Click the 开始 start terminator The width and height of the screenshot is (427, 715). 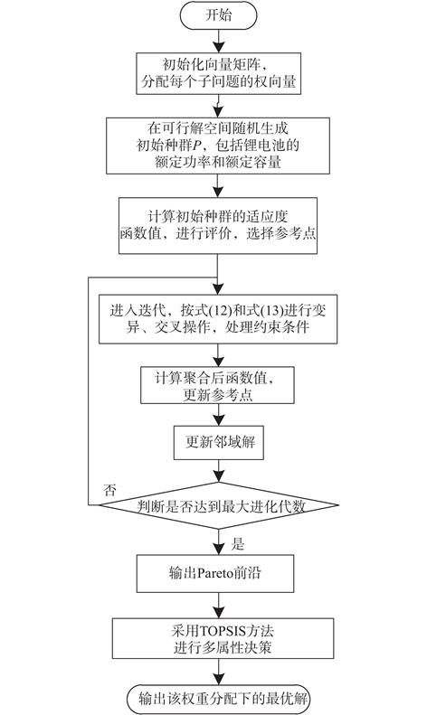pyautogui.click(x=219, y=15)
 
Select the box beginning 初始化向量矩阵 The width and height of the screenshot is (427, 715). pyautogui.click(x=219, y=73)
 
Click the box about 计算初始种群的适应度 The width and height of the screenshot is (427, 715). pyautogui.click(x=218, y=225)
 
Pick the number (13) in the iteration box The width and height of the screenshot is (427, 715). pyautogui.click(x=272, y=311)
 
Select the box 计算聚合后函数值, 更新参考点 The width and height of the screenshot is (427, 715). pyautogui.click(x=217, y=385)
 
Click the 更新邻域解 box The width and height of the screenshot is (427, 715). pyautogui.click(x=219, y=442)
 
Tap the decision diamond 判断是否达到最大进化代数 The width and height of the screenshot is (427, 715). pyautogui.click(x=219, y=505)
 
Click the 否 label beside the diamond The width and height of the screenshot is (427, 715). pyautogui.click(x=109, y=491)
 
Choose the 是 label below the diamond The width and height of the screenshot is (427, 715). pyautogui.click(x=238, y=543)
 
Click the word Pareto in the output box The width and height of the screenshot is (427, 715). pyautogui.click(x=215, y=573)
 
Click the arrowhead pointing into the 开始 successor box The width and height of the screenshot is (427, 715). pyautogui.click(x=219, y=47)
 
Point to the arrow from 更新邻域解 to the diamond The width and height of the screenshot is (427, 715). pyautogui.click(x=219, y=471)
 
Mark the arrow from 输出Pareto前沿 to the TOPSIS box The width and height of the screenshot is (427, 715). pyautogui.click(x=219, y=606)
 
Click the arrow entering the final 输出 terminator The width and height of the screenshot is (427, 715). pyautogui.click(x=219, y=672)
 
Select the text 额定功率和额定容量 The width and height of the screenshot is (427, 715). pyautogui.click(x=218, y=162)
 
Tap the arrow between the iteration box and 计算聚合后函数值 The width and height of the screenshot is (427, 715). pyautogui.click(x=219, y=355)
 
